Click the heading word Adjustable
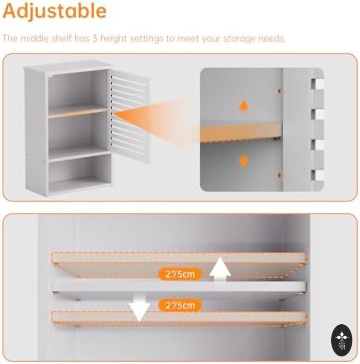coord(54,11)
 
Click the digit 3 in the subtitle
coord(95,38)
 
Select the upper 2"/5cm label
coord(180,274)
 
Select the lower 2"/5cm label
coord(180,305)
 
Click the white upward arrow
coord(220,270)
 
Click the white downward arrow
coord(140,308)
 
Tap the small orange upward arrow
coord(243,106)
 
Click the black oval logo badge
coord(342,340)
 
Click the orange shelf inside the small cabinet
coord(78,112)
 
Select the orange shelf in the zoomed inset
coord(241,132)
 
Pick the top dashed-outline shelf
coord(179,264)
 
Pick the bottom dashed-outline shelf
coord(179,318)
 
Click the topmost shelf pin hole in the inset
coord(279,91)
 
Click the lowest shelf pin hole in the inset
coord(279,175)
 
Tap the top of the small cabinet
coord(68,66)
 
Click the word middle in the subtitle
coord(34,38)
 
